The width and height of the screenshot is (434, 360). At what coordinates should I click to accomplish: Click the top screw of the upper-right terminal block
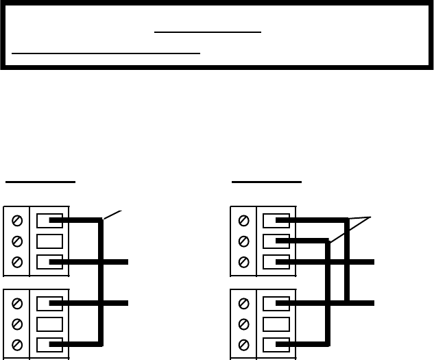(x=243, y=221)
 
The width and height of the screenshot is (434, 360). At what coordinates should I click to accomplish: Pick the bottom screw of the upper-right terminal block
(x=243, y=262)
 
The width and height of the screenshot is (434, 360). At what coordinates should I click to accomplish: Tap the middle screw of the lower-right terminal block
(x=243, y=324)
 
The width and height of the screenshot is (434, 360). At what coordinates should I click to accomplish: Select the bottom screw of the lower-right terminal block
(x=243, y=344)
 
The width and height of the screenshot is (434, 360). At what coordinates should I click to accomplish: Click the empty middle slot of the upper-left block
(x=49, y=241)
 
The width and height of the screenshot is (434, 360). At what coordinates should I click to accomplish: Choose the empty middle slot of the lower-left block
(x=49, y=324)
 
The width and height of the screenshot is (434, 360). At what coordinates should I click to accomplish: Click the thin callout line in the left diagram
(x=113, y=214)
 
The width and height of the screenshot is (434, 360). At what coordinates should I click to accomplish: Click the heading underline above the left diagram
(x=40, y=182)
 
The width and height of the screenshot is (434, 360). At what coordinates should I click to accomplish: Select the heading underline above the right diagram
(x=267, y=182)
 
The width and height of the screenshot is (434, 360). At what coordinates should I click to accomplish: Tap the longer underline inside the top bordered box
(x=106, y=52)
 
